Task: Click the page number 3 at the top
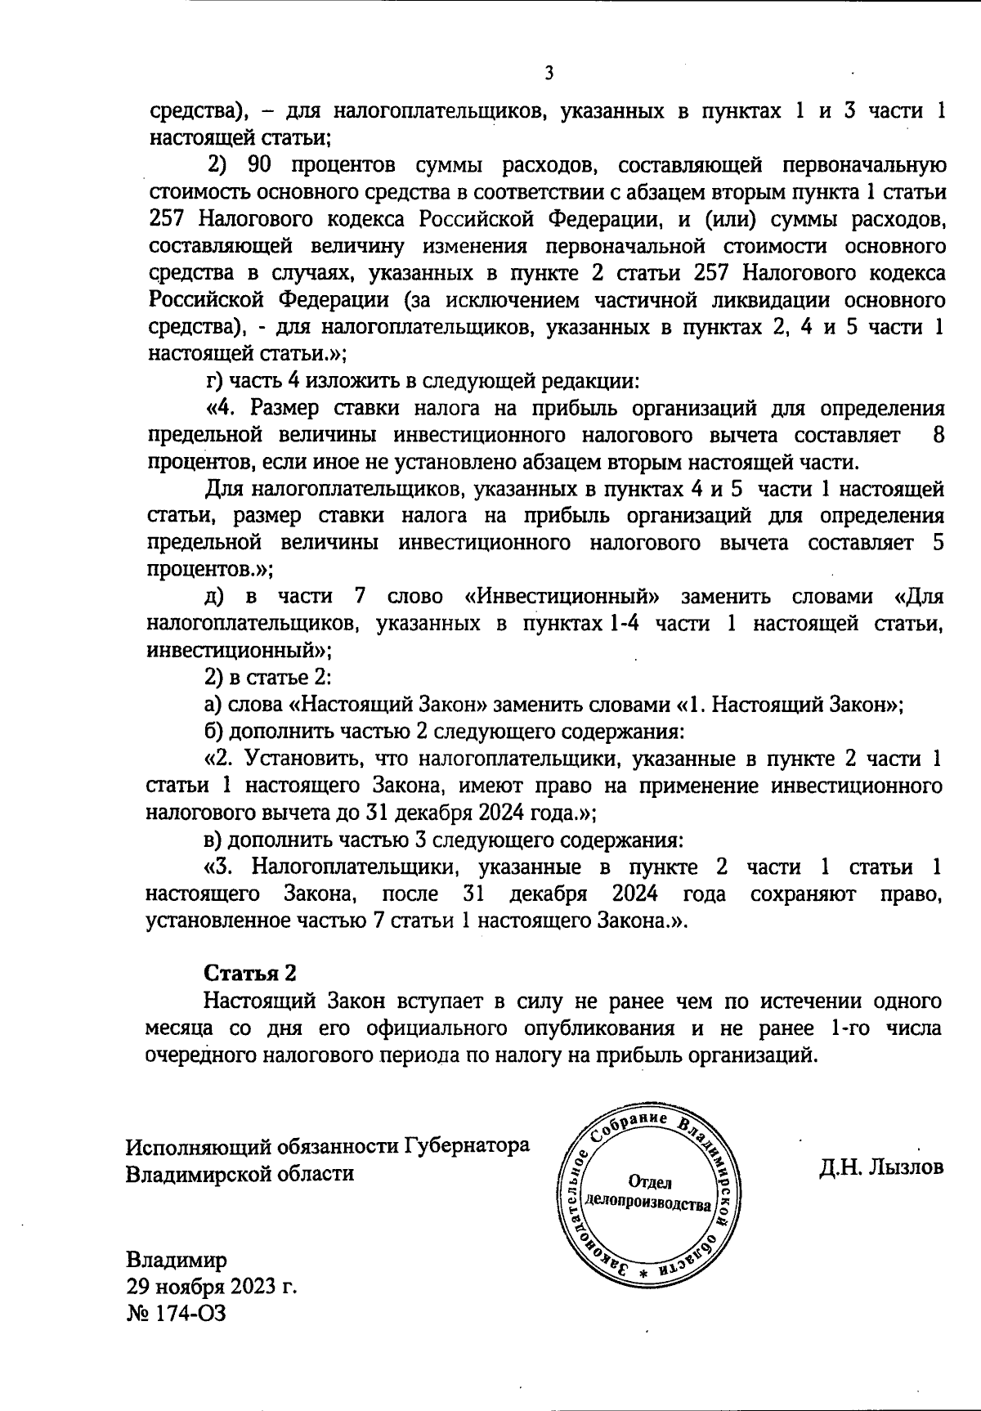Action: click(x=549, y=74)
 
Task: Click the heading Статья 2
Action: click(x=249, y=973)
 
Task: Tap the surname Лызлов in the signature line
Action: click(x=903, y=1167)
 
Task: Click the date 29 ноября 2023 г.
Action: click(x=211, y=1286)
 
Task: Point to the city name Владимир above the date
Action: click(x=177, y=1259)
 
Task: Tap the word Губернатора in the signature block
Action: click(x=467, y=1146)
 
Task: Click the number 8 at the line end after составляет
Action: click(x=938, y=434)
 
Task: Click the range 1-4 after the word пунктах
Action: click(x=624, y=623)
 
